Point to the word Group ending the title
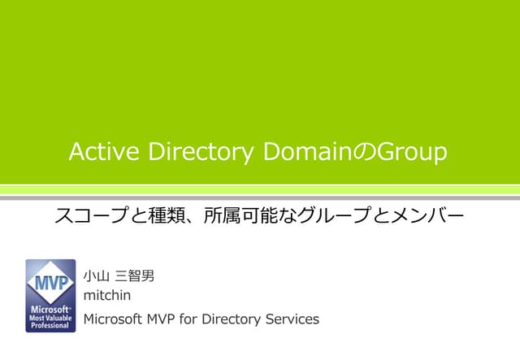click(414, 152)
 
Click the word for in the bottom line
click(187, 319)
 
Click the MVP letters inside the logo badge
click(50, 284)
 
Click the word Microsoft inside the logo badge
click(50, 310)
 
